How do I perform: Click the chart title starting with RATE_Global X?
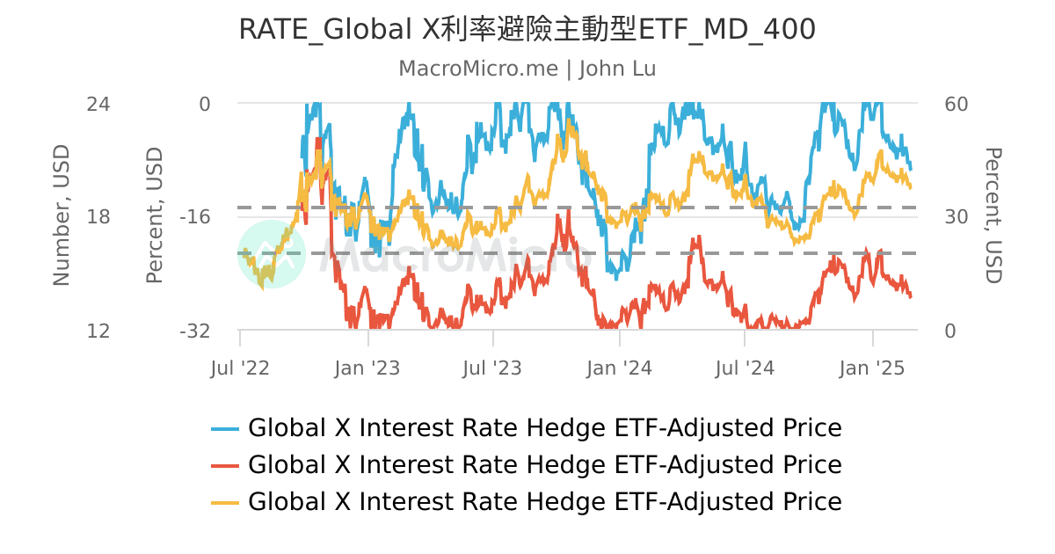point(527,30)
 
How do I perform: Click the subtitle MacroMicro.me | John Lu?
point(527,69)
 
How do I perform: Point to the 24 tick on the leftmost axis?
point(98,104)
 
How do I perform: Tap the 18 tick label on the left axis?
point(98,217)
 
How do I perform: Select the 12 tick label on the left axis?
point(98,332)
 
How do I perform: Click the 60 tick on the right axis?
point(955,104)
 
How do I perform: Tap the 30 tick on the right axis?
point(955,217)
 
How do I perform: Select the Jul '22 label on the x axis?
point(240,368)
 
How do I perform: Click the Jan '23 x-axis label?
point(367,368)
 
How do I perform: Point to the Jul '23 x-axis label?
point(492,368)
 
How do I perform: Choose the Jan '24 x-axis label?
point(620,368)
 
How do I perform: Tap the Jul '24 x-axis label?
point(745,368)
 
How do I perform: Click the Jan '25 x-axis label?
point(872,368)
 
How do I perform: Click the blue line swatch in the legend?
point(225,429)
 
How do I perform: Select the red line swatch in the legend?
point(225,465)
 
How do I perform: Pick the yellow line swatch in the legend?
point(225,502)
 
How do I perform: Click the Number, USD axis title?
point(61,216)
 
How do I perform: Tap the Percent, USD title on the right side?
point(993,216)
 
